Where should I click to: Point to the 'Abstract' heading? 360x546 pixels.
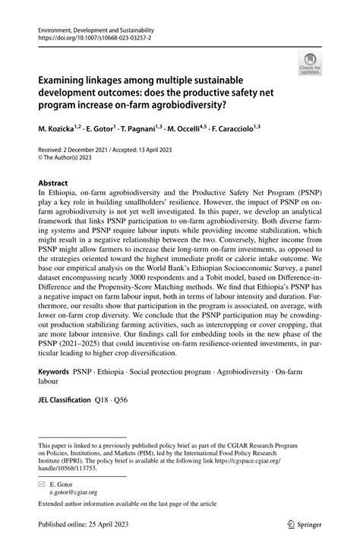(x=52, y=183)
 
